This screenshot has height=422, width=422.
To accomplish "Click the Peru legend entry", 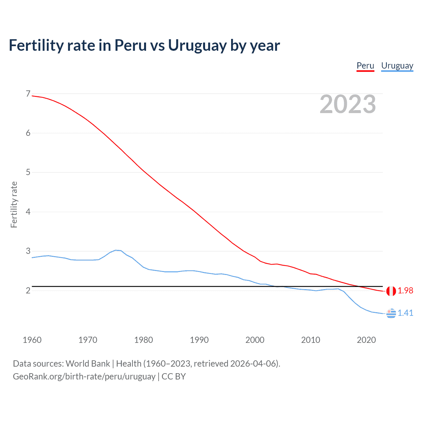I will click(x=365, y=66).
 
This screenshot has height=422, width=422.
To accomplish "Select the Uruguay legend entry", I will click(x=397, y=66).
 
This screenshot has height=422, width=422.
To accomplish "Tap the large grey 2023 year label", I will click(x=347, y=104).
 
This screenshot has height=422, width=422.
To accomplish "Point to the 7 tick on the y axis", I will click(x=28, y=94).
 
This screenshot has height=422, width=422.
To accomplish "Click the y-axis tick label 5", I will click(x=28, y=172).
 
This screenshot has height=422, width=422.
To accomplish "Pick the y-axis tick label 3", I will click(x=28, y=251).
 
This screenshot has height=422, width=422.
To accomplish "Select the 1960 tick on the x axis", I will click(x=32, y=340).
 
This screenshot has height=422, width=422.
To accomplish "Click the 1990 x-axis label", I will click(x=199, y=340).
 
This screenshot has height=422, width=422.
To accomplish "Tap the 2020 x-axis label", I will click(x=366, y=340).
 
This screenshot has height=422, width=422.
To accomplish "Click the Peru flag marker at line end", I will click(x=391, y=291).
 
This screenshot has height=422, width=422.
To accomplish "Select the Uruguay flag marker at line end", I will click(x=391, y=314).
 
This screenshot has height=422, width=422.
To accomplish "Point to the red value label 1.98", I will click(x=405, y=290).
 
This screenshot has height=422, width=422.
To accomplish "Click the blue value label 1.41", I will click(x=405, y=313).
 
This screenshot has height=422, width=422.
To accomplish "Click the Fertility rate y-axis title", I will click(x=14, y=204).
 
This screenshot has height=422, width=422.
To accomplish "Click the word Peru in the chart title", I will click(x=130, y=45).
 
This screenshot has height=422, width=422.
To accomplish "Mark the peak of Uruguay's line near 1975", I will click(x=116, y=250).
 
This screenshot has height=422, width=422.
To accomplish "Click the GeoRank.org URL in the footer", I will click(x=84, y=377).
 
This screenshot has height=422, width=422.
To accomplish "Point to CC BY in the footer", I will click(x=174, y=377).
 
